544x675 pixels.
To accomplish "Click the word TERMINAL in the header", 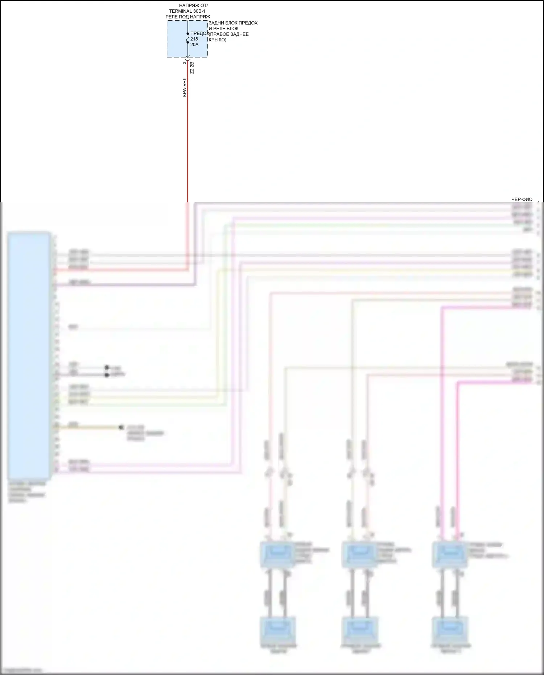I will (181, 11).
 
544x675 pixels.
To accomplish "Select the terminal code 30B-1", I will (199, 11).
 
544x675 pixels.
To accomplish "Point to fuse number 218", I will (194, 39).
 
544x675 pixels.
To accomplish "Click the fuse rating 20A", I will (194, 45).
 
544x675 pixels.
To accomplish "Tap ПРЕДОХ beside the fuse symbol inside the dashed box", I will (199, 33).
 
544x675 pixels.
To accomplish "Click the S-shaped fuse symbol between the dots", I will (187, 38).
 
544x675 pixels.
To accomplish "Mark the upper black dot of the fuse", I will (187, 34).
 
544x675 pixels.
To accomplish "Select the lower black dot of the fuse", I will (187, 42).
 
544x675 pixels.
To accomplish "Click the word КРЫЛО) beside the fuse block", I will (218, 40).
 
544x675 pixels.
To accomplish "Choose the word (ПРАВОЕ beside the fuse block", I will (219, 34).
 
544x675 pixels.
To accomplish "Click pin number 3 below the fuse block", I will (184, 63).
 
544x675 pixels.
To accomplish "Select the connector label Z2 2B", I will (192, 68).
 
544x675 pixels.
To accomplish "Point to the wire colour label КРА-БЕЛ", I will (184, 87).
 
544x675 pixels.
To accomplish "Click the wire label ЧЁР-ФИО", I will (522, 199).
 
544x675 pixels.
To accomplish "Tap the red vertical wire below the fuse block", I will (187, 145).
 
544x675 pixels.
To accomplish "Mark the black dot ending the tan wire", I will (121, 428).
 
